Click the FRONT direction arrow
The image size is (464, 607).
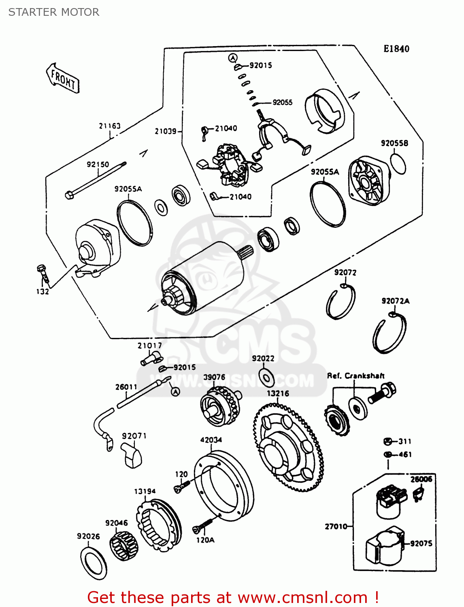pyautogui.click(x=63, y=78)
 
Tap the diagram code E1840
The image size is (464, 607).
pyautogui.click(x=396, y=49)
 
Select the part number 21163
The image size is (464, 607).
pyautogui.click(x=110, y=126)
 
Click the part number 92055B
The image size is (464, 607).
pyautogui.click(x=394, y=143)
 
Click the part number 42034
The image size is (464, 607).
pyautogui.click(x=211, y=440)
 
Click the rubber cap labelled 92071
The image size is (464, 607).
pyautogui.click(x=132, y=456)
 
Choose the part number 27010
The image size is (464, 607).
pyautogui.click(x=336, y=526)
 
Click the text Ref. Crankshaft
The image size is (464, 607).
pyautogui.click(x=355, y=376)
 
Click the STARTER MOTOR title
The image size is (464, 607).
pyautogui.click(x=54, y=12)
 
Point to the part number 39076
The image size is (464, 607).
pyautogui.click(x=214, y=377)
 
